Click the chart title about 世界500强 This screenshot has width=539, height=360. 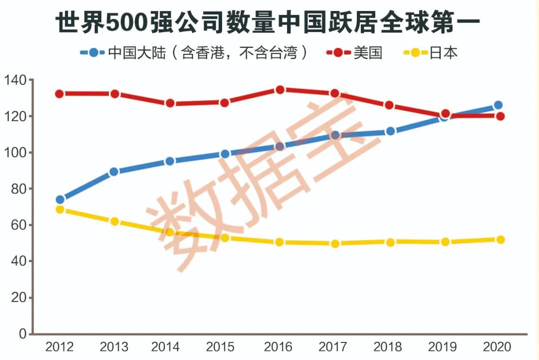pos(268,21)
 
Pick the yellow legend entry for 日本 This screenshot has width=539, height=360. pos(430,52)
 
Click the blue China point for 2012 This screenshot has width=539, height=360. pos(60,200)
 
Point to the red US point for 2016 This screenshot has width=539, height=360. pos(279,90)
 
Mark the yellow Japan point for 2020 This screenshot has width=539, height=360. pos(499,240)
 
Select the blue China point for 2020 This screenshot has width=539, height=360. pos(498,105)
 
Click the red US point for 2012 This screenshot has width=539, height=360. pos(60,94)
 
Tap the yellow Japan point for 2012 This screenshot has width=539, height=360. pos(60,210)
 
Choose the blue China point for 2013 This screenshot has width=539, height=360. pos(114,172)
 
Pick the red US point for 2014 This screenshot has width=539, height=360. pos(170,103)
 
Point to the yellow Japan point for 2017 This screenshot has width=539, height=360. pos(335,244)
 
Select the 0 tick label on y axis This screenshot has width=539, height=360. pos(22,334)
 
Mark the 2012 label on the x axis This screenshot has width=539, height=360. pos(59,347)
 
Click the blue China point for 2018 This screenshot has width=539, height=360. pos(390,131)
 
